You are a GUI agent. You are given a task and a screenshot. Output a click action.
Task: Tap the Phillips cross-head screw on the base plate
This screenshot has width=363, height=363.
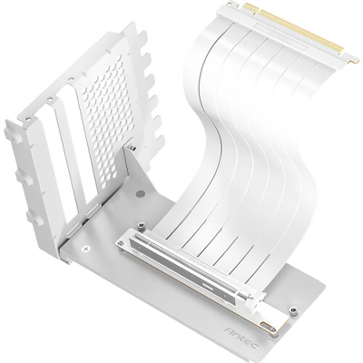pyautogui.click(x=87, y=249)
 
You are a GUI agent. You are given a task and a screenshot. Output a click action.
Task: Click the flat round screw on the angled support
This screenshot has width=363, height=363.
pyautogui.click(x=140, y=192)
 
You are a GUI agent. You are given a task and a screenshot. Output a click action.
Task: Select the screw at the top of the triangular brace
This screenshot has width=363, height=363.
pyautogui.click(x=132, y=147)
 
